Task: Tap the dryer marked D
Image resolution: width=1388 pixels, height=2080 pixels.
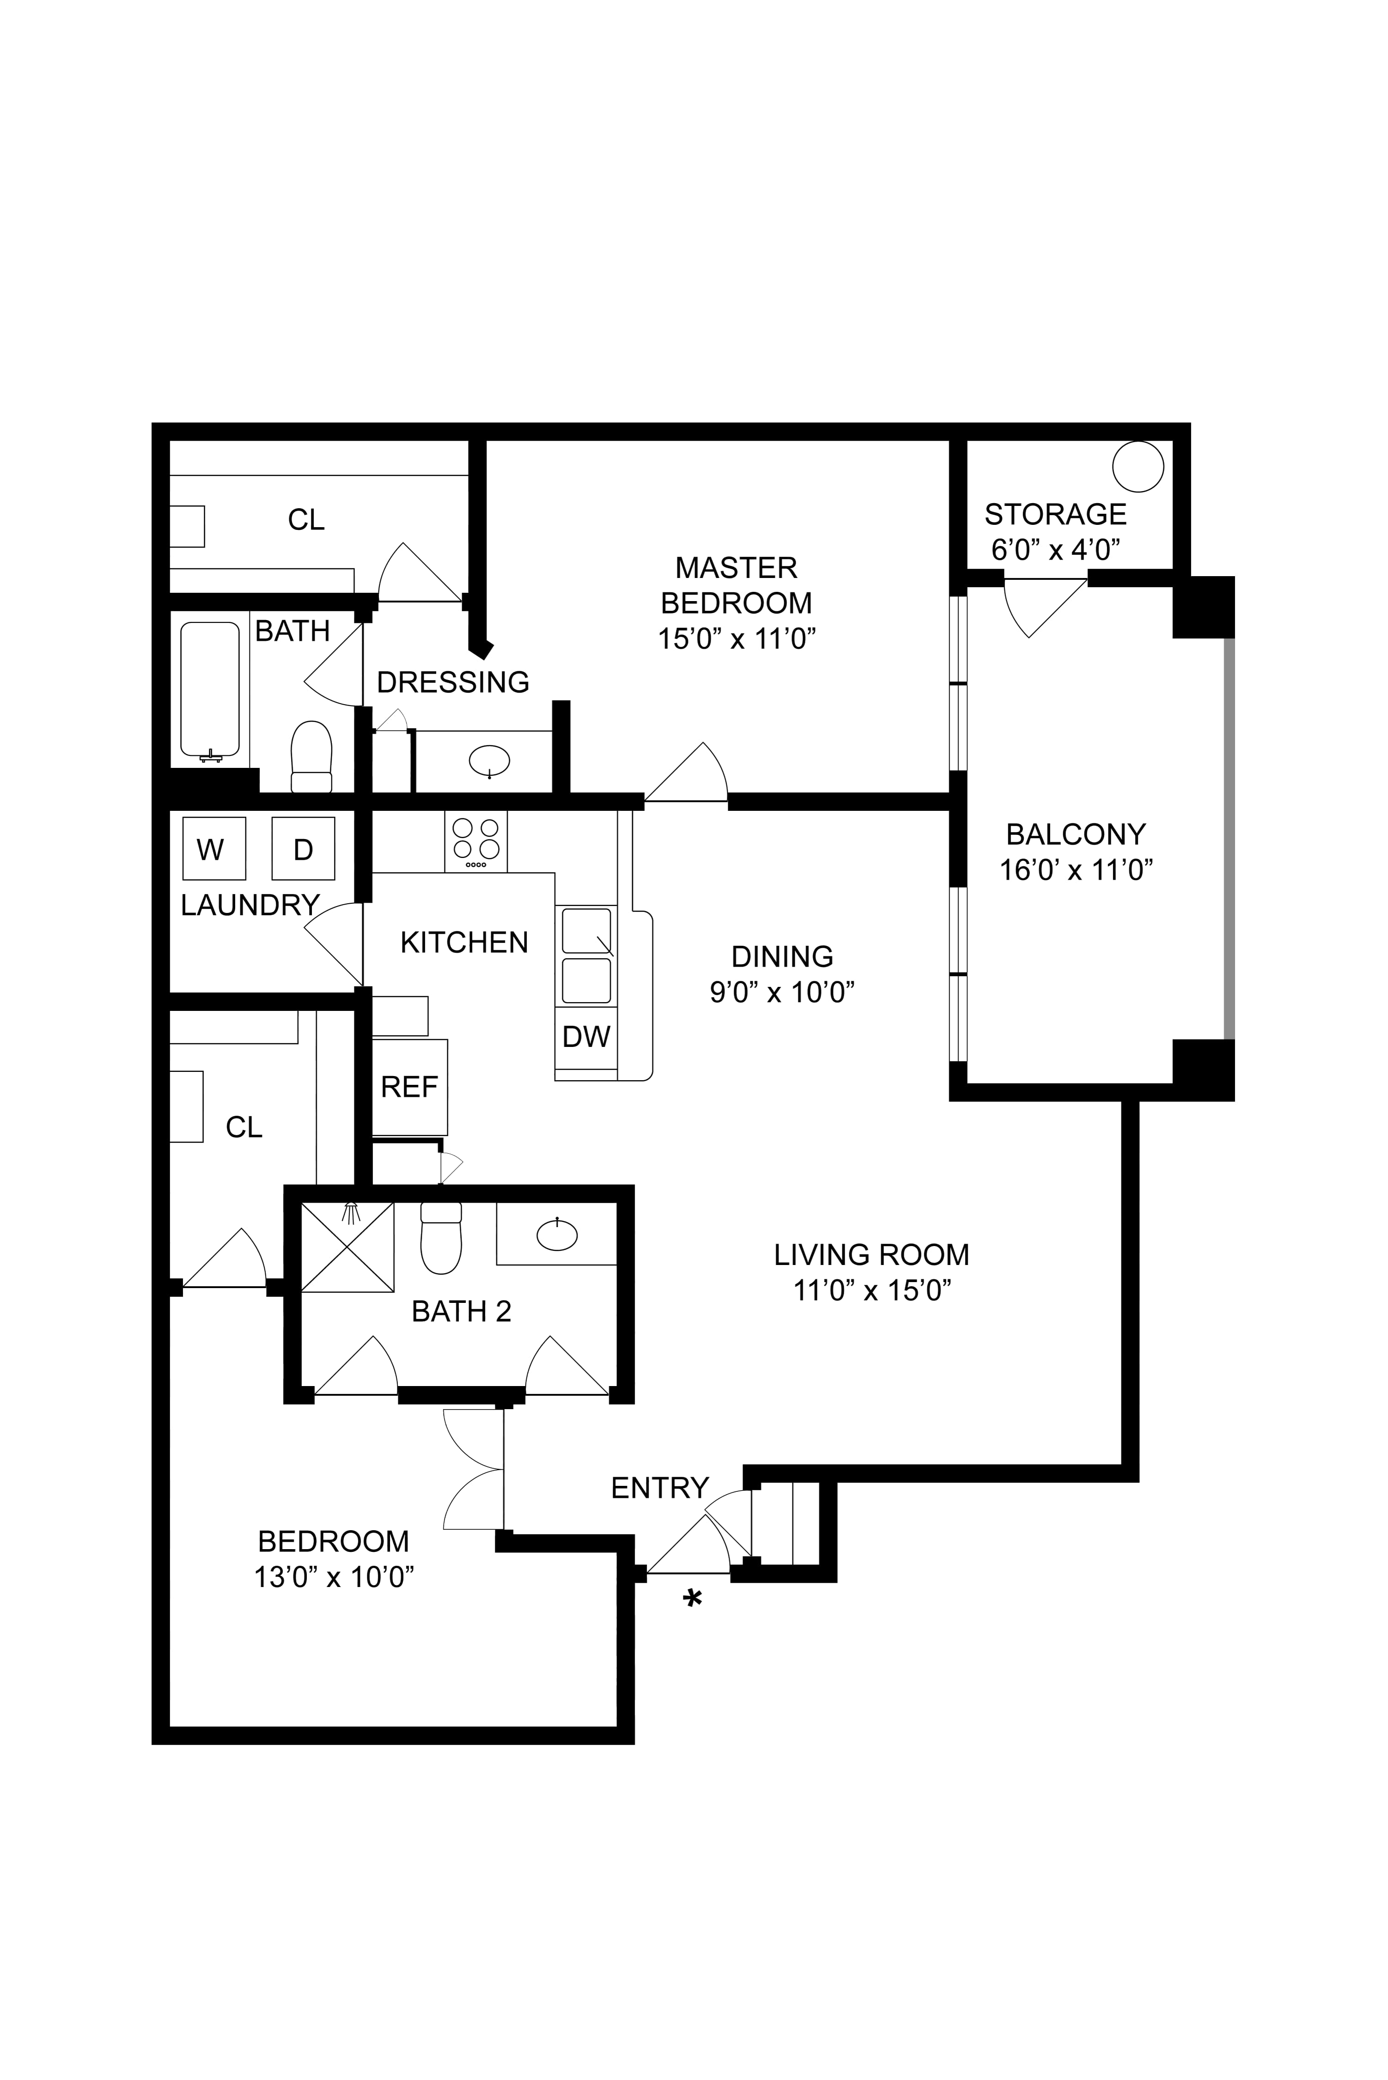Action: pyautogui.click(x=303, y=848)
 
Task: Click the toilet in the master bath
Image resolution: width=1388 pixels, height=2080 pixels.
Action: pyautogui.click(x=311, y=757)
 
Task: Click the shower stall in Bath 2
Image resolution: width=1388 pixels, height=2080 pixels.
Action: pyautogui.click(x=348, y=1247)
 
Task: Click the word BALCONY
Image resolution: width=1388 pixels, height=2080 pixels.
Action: pyautogui.click(x=1076, y=834)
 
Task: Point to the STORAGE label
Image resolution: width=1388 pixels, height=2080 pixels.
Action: pyautogui.click(x=1055, y=514)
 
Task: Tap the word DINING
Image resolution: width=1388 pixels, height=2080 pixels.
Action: pyautogui.click(x=783, y=956)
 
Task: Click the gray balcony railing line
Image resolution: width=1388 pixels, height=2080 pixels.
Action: pyautogui.click(x=1229, y=837)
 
